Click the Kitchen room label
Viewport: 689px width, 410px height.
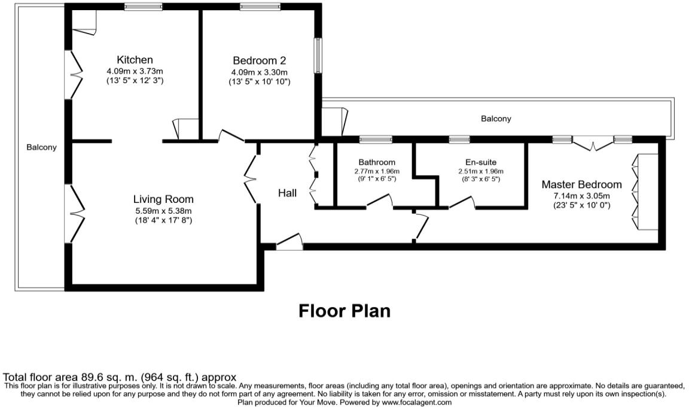pyautogui.click(x=135, y=60)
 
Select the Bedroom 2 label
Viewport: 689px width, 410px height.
pyautogui.click(x=259, y=60)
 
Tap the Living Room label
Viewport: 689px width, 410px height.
pyautogui.click(x=163, y=199)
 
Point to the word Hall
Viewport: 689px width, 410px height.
pyautogui.click(x=287, y=193)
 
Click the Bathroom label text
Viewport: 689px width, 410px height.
pyautogui.click(x=377, y=162)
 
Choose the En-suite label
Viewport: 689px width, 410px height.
pyautogui.click(x=481, y=162)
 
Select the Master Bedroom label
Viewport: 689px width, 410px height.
pyautogui.click(x=581, y=185)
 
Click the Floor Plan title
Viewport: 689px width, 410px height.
pyautogui.click(x=344, y=311)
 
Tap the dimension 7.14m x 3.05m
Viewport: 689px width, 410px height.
pyautogui.click(x=581, y=196)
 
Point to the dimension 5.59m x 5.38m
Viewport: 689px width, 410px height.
pyautogui.click(x=163, y=211)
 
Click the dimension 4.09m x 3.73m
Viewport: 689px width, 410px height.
pyautogui.click(x=135, y=71)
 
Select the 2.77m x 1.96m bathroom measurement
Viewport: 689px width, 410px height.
pyautogui.click(x=377, y=171)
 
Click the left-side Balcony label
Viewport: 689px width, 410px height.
pyautogui.click(x=41, y=147)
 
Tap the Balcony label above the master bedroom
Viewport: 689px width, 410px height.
pyautogui.click(x=496, y=119)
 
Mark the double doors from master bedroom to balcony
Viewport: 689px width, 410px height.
pyautogui.click(x=593, y=144)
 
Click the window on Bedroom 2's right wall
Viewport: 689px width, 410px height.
pyautogui.click(x=318, y=54)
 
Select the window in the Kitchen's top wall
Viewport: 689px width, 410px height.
pyautogui.click(x=143, y=7)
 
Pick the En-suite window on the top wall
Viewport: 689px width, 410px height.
pyautogui.click(x=459, y=139)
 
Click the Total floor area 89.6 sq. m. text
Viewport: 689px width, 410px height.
pyautogui.click(x=120, y=377)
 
